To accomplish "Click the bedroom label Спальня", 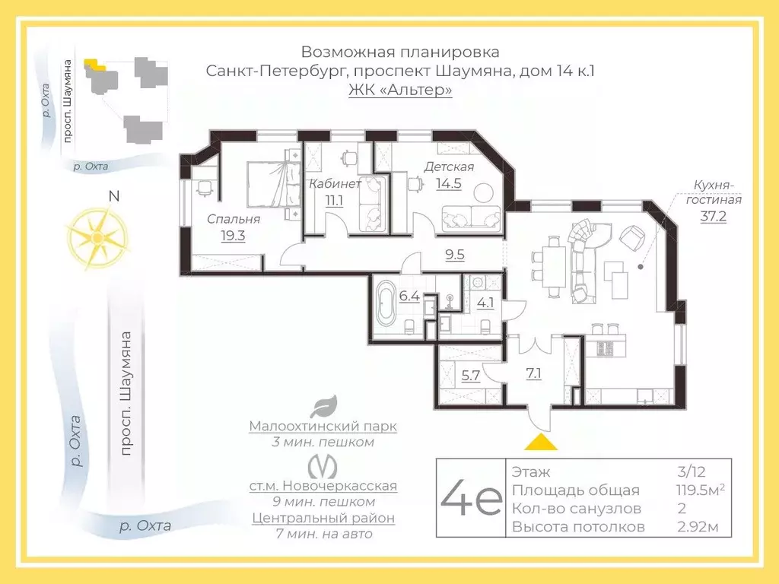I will (234, 219).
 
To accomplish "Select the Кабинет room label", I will (334, 183).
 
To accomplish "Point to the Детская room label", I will (449, 167).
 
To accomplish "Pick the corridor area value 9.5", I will (455, 255).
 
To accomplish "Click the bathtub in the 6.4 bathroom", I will (385, 303).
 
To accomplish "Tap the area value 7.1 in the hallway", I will (533, 373).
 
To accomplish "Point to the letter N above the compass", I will (114, 195).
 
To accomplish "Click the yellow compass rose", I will (96, 235).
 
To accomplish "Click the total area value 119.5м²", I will (700, 490).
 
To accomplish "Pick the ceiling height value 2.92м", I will (698, 526).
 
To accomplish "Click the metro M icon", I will (324, 465).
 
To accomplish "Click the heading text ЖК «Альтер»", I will (400, 90).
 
